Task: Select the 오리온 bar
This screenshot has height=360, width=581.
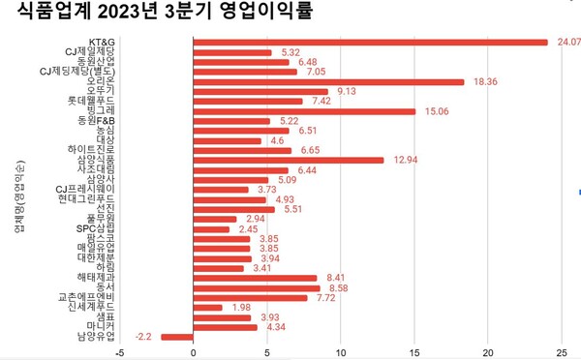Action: point(329,81)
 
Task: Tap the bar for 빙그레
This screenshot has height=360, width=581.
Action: point(305,111)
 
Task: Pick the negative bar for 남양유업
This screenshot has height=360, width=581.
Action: point(177,337)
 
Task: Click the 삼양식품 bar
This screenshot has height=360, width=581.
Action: point(290,160)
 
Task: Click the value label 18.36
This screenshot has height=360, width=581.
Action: point(484,81)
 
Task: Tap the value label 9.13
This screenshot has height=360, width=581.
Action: point(347,91)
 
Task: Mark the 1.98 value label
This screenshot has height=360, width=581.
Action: point(242,308)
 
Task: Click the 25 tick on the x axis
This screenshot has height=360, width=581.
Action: point(564,353)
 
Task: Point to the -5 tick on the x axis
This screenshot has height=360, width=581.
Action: point(119,353)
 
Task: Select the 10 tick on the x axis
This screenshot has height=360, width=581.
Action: point(341,353)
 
